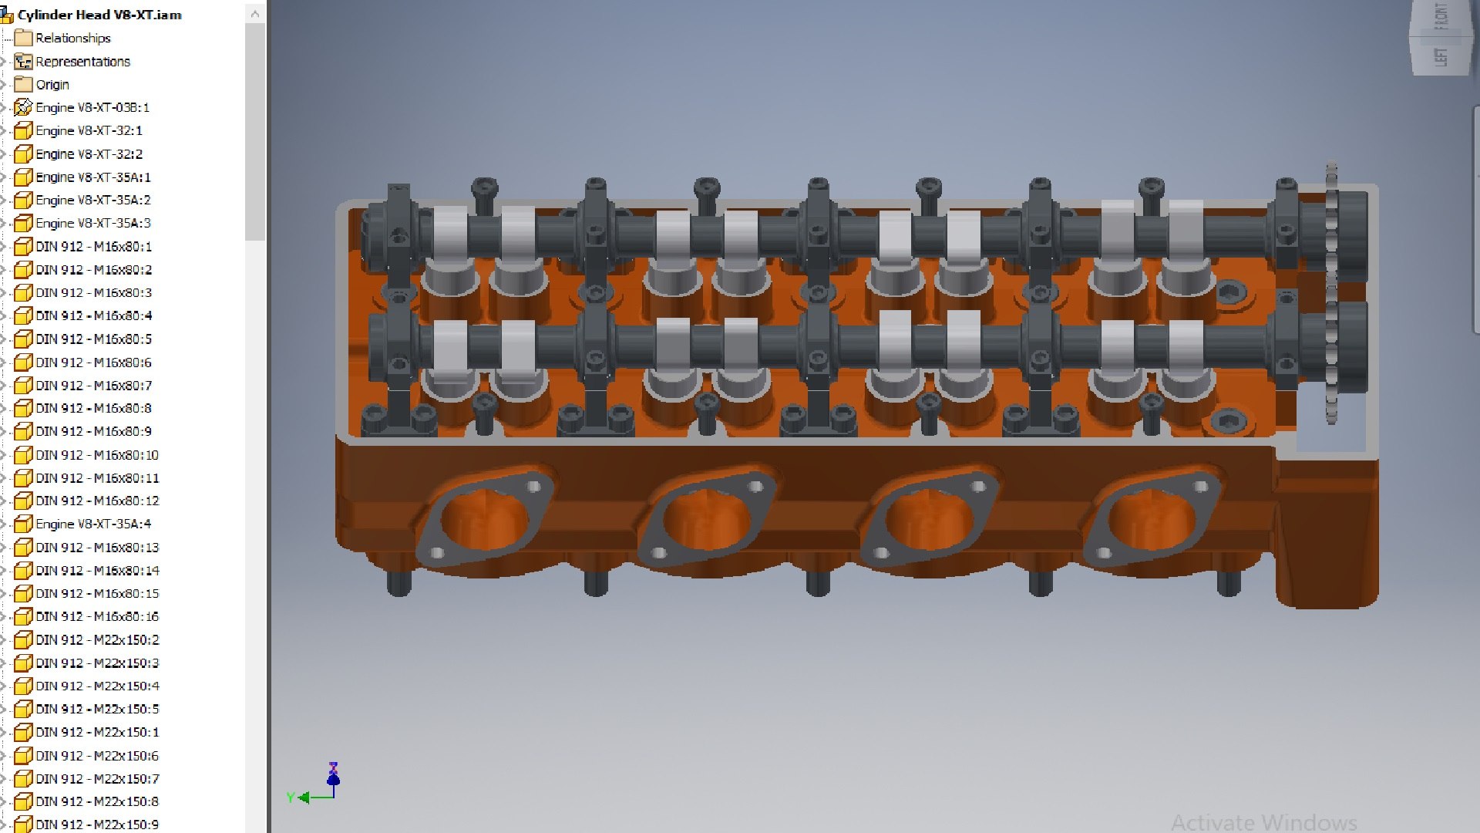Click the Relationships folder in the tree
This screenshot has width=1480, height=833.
[72, 38]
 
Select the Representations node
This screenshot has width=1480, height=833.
[82, 61]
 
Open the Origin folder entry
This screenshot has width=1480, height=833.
[52, 84]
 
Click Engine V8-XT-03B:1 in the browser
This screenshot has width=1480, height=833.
[92, 107]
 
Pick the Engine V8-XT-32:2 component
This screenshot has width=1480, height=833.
[89, 153]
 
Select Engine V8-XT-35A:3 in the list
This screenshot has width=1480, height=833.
[92, 223]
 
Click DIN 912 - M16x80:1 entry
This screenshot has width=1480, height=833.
[93, 246]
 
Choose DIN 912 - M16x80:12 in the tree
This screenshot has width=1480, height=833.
[97, 501]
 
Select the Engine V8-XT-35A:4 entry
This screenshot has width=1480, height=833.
[92, 524]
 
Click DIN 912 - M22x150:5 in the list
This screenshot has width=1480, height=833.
[97, 709]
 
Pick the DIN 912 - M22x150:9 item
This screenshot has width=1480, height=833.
[97, 825]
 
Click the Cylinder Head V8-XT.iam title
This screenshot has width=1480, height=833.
[99, 15]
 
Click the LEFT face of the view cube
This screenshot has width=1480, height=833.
[1440, 56]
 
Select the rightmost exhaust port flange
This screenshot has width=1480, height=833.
[1152, 515]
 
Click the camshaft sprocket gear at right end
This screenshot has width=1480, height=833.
[1331, 293]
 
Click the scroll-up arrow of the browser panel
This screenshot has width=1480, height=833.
[255, 14]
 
